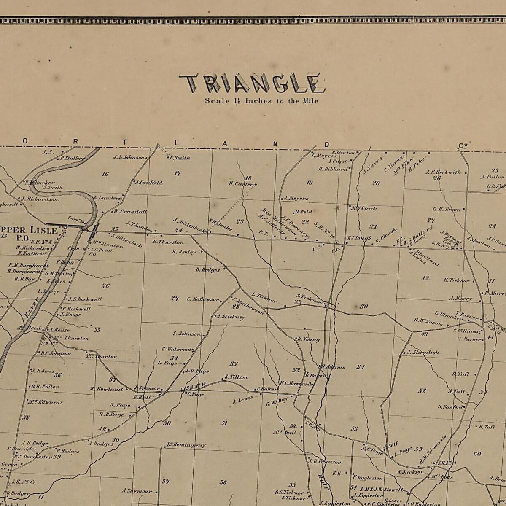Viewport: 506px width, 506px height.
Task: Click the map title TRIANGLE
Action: [x=252, y=83]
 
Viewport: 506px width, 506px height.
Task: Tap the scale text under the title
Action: [x=261, y=101]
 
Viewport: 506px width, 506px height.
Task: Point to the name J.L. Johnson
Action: [x=129, y=157]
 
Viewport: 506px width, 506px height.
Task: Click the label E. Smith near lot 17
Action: [x=180, y=158]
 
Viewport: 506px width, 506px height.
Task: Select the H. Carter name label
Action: [x=241, y=184]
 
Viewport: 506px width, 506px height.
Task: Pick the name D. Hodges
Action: [x=207, y=270]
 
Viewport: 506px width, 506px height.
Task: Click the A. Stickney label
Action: [x=231, y=317]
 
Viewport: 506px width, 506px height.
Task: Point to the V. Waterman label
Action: [x=178, y=349]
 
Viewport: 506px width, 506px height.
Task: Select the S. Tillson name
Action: [x=236, y=377]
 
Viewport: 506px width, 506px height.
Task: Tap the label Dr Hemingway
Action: [x=186, y=445]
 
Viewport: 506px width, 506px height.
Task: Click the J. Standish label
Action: [x=423, y=352]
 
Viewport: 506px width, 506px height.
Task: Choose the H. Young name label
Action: [x=309, y=339]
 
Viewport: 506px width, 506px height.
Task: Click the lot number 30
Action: [x=364, y=307]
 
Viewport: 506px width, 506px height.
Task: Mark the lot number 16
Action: [x=105, y=174]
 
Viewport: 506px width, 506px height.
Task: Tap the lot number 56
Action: [x=223, y=482]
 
